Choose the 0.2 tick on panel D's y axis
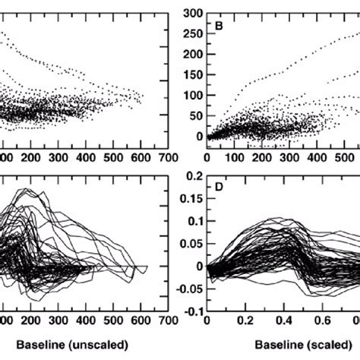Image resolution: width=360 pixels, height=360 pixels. tap(194, 175)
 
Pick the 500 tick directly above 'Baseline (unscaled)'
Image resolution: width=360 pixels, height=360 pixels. tap(114, 321)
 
